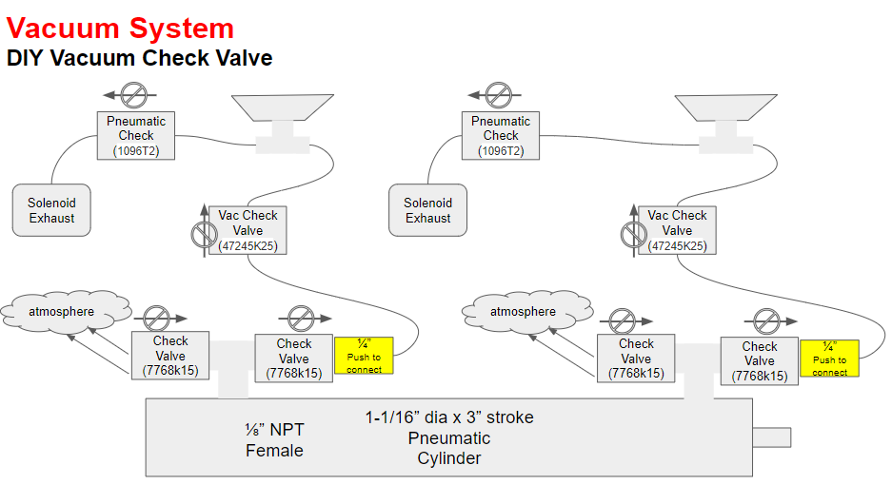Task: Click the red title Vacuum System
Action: click(120, 29)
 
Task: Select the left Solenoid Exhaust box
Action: click(51, 210)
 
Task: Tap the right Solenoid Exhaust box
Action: click(427, 210)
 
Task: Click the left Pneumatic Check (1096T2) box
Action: click(136, 136)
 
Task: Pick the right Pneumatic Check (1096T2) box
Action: click(501, 136)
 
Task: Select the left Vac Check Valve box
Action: click(248, 230)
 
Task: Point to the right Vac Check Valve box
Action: click(677, 230)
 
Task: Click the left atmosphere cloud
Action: click(66, 311)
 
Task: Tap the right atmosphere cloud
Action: click(527, 311)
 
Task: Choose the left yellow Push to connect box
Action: click(364, 356)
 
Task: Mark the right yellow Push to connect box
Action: click(829, 359)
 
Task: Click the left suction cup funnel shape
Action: click(283, 108)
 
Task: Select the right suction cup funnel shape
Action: click(726, 108)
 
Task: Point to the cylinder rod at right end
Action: click(772, 437)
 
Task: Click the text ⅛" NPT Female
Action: click(275, 439)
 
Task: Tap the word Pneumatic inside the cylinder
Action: click(449, 438)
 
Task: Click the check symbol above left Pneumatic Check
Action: click(133, 95)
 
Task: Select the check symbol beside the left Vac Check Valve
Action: click(205, 232)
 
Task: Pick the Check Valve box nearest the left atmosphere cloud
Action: click(170, 356)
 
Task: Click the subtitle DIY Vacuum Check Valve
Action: click(139, 58)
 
